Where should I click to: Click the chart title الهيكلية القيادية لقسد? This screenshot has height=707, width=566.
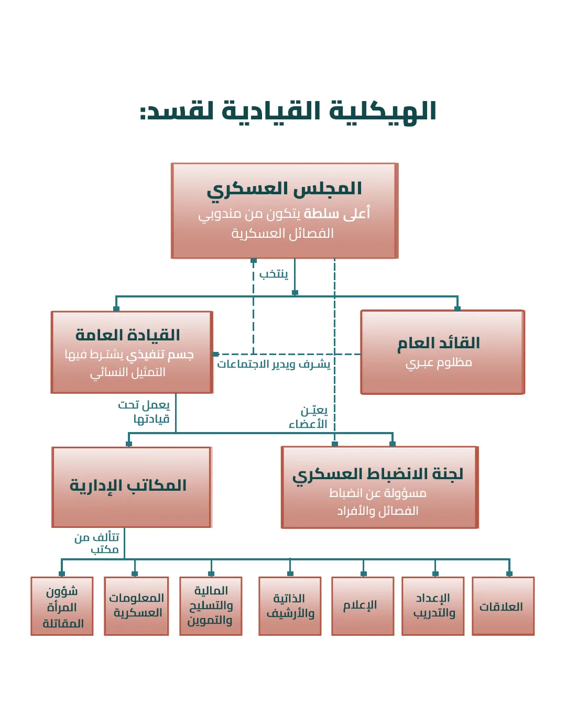288,112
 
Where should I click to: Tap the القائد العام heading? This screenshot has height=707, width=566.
439,344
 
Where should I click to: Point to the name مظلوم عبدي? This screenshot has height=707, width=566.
439,362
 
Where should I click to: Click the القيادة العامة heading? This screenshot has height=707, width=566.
127,335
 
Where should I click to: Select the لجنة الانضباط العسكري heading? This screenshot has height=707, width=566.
378,474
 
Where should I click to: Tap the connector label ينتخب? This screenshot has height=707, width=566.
274,274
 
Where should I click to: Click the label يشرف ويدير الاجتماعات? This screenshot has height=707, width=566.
274,364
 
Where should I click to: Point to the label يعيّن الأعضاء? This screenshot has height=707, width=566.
309,417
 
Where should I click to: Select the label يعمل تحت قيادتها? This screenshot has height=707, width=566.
145,412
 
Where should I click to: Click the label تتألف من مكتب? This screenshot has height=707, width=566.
98,543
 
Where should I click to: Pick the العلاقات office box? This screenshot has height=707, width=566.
502,606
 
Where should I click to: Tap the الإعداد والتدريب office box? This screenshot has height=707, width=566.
433,606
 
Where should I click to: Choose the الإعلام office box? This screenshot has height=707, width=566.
361,606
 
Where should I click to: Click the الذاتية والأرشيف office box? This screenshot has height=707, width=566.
290,606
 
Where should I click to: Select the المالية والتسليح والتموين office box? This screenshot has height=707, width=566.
210,606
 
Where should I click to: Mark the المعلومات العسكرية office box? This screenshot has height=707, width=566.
136,606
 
